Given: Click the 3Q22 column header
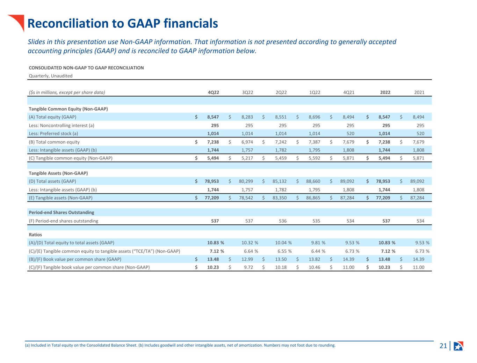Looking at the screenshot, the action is [247, 92].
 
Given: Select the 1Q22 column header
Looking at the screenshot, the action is [315, 92].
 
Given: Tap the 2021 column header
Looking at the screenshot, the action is [419, 92].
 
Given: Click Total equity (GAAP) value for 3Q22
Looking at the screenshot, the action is [247, 117].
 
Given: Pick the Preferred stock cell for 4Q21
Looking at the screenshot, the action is [350, 133].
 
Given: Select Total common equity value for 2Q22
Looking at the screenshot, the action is [281, 142].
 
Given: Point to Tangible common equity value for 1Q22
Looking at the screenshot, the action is [315, 158].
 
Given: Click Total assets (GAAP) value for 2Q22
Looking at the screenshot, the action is [280, 181].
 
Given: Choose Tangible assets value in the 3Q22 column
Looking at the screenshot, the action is [246, 198].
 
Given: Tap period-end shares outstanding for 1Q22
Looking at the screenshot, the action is [316, 221].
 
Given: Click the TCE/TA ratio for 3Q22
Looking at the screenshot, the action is [251, 251].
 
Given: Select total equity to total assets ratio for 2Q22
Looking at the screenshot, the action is [283, 243].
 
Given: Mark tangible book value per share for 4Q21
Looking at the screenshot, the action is [348, 267].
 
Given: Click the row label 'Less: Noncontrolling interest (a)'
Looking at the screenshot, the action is [62, 125].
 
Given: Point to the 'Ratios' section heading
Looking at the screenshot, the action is [35, 235].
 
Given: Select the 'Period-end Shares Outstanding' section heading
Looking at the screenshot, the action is [62, 213].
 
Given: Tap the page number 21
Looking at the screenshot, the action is [443, 346].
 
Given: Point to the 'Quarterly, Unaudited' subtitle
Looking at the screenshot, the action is [51, 76].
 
